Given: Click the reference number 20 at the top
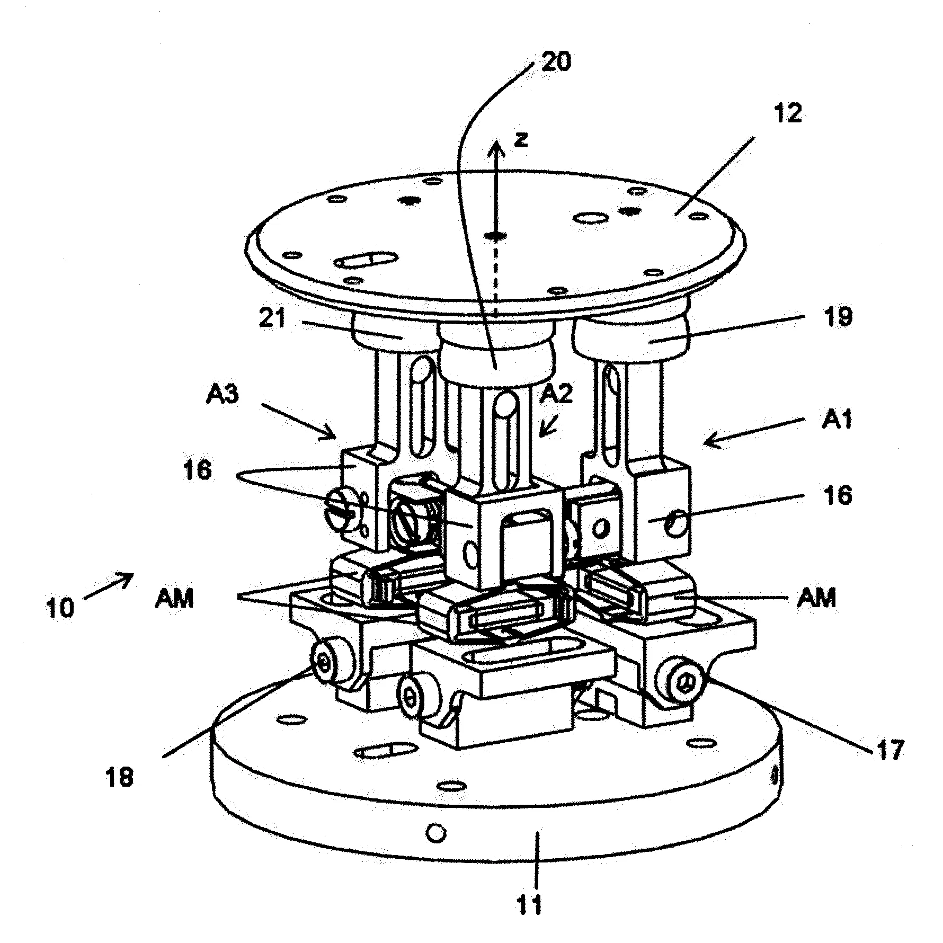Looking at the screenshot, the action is [556, 62].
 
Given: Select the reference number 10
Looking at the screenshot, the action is [61, 607].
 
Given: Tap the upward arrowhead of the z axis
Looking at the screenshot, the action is [496, 150].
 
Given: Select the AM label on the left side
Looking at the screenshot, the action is [175, 599].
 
